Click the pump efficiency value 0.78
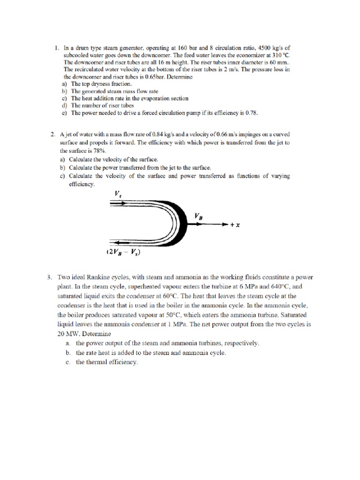[x=249, y=113]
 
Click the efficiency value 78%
[x=99, y=151]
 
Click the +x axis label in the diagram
[x=235, y=225]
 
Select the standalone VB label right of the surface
[x=199, y=216]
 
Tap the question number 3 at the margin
[x=49, y=277]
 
